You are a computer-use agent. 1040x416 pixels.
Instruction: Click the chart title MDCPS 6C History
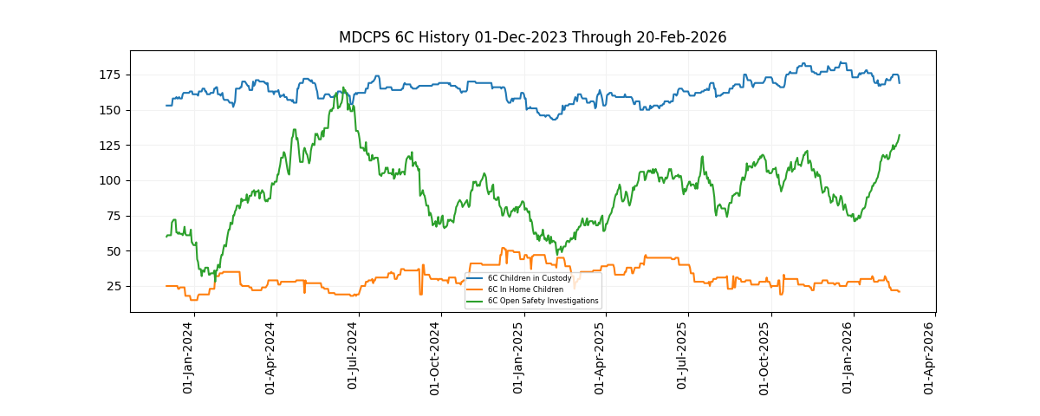coord(532,37)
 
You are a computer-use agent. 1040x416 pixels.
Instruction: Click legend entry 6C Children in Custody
coord(529,278)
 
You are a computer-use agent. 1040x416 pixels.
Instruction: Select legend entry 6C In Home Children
coord(525,289)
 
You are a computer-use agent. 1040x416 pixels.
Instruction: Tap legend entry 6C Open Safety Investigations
coord(543,301)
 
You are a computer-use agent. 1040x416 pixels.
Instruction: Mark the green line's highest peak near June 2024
coord(343,88)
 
